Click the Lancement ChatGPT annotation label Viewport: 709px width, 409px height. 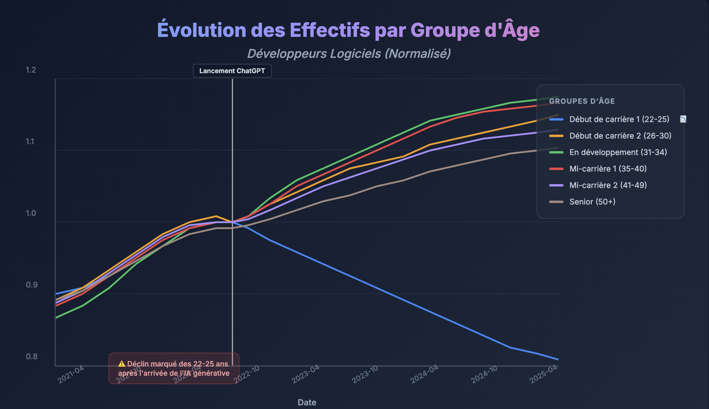click(x=232, y=71)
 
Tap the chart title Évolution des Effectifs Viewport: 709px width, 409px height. click(x=348, y=30)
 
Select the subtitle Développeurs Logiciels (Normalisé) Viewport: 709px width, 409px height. click(x=349, y=54)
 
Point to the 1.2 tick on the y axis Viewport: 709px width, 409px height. click(x=31, y=70)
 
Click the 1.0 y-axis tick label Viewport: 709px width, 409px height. click(x=31, y=213)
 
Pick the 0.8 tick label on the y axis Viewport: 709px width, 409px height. click(x=31, y=356)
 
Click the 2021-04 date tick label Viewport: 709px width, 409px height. click(x=71, y=374)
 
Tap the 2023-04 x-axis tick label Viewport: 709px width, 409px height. click(x=306, y=374)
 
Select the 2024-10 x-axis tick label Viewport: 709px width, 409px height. click(x=484, y=374)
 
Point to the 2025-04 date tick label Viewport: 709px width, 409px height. click(x=543, y=374)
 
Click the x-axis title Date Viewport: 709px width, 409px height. click(x=307, y=402)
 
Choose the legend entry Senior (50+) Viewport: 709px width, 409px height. click(x=592, y=202)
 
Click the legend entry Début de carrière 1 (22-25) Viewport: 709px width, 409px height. click(x=619, y=119)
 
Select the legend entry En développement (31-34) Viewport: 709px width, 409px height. click(x=618, y=152)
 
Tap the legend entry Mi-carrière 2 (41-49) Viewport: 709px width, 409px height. click(x=608, y=185)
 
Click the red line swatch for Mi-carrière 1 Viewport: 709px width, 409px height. click(x=556, y=169)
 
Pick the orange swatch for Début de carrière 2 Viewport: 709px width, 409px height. click(x=556, y=136)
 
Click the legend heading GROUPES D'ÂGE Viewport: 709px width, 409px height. click(x=582, y=101)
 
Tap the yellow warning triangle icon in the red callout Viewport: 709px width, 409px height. click(x=121, y=364)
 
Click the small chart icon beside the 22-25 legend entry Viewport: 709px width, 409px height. click(x=683, y=119)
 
